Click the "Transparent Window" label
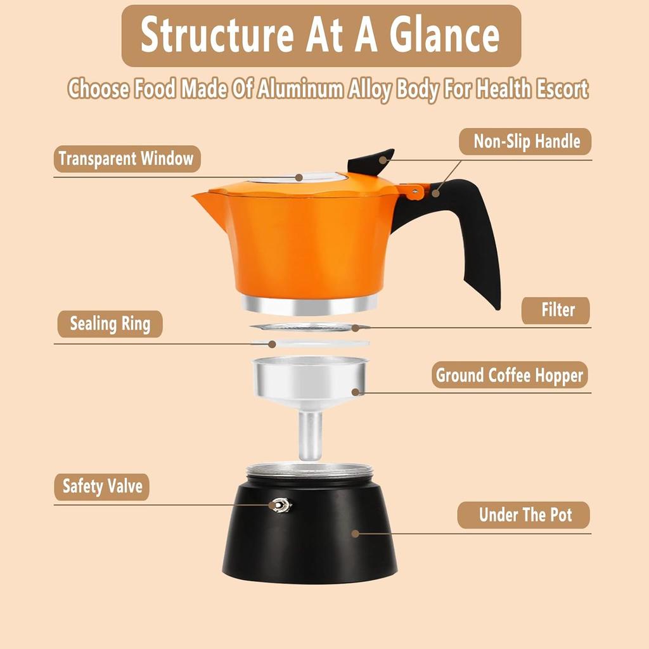[127, 158]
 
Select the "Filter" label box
[556, 311]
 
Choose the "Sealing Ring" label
[110, 324]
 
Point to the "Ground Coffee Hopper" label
[509, 375]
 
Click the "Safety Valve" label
[102, 487]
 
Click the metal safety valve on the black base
[280, 504]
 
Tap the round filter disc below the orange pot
[310, 328]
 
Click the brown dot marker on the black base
[355, 534]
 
